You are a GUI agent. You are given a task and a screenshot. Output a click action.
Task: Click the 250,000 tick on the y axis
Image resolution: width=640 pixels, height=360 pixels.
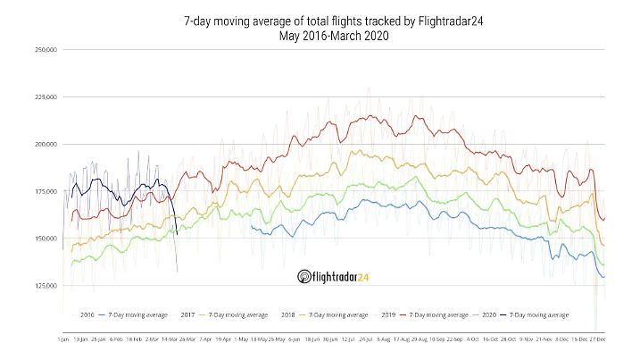coord(46,50)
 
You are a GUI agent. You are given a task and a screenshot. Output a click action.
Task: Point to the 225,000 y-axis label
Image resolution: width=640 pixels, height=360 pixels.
coord(46,96)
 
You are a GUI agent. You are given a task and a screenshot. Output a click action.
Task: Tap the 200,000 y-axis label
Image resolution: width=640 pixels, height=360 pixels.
coord(46,144)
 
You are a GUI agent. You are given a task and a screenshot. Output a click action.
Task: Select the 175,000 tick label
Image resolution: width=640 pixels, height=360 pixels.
coord(46,191)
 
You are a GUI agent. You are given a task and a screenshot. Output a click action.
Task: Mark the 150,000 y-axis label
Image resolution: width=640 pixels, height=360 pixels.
coord(46,239)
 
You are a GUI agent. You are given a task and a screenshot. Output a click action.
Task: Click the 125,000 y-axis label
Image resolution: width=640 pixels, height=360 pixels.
coord(46,286)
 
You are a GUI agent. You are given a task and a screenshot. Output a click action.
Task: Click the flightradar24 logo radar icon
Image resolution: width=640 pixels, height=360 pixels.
coord(303,277)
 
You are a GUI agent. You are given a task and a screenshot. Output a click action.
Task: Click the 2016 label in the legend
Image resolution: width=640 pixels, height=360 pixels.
coord(87,314)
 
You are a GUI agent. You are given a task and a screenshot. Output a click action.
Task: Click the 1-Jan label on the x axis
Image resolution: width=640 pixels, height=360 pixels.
coord(62,340)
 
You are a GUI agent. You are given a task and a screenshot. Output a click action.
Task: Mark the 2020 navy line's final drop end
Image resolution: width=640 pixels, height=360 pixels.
coord(177,234)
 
